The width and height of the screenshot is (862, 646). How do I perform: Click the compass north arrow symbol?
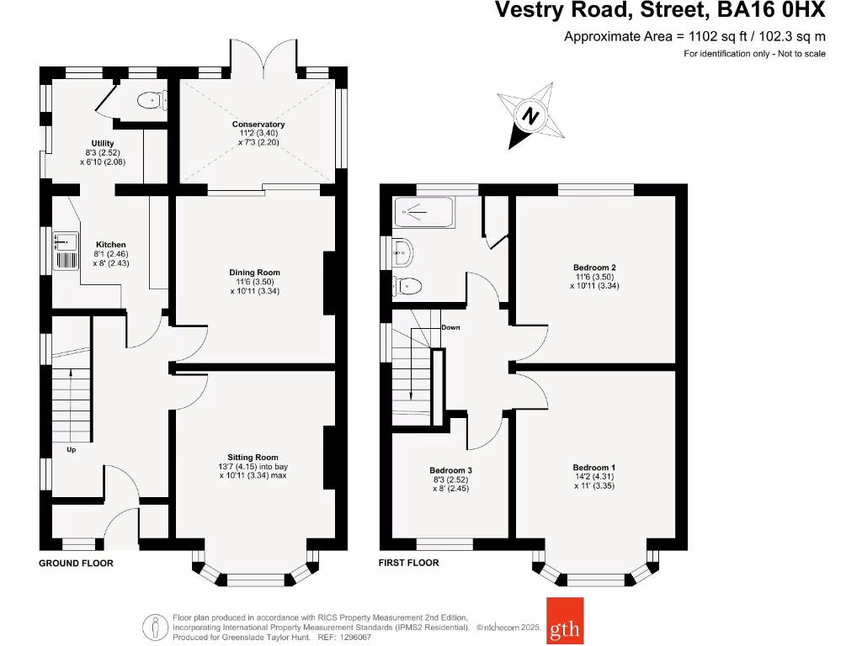coord(530,115)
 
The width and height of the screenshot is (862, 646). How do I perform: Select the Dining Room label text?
coord(254,273)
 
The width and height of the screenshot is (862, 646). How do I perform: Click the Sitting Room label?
coord(253,458)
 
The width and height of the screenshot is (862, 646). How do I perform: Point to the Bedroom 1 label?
coord(594,468)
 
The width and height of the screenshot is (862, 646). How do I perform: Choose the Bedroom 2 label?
coord(594,267)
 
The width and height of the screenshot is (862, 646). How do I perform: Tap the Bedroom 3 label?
coord(450,470)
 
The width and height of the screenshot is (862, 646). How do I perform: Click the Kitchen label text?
coord(111,245)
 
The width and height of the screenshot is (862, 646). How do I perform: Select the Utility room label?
coord(103,143)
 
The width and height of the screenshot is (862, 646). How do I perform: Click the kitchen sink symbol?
coord(65,252)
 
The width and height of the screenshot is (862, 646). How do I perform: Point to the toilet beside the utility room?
coord(149,101)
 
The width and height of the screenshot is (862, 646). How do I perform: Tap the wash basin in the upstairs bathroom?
coord(402,251)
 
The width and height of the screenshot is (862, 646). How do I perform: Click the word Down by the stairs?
coord(450,327)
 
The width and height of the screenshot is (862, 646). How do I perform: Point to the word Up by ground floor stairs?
coord(71,449)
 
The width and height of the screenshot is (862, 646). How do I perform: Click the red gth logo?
coord(564,621)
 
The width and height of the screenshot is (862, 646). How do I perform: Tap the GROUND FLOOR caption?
coord(76,563)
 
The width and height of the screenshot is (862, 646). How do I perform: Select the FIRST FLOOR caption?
coord(408,563)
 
